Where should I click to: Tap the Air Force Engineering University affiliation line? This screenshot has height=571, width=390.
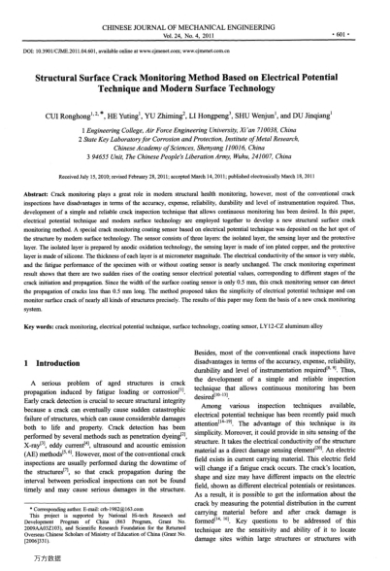pos(193,127)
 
